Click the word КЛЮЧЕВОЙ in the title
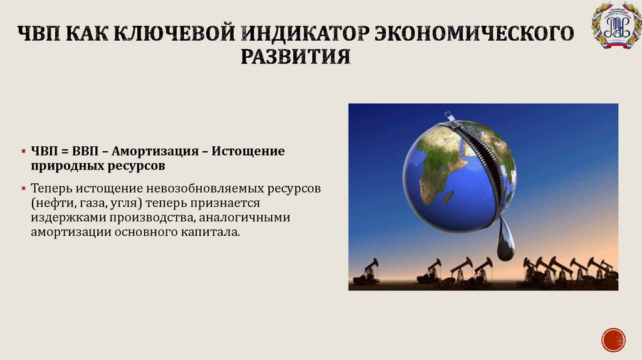(170, 32)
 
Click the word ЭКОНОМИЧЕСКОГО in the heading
(474, 32)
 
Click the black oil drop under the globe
(505, 245)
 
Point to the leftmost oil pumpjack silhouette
(367, 272)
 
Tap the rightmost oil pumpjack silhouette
(607, 271)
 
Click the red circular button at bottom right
(613, 339)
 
